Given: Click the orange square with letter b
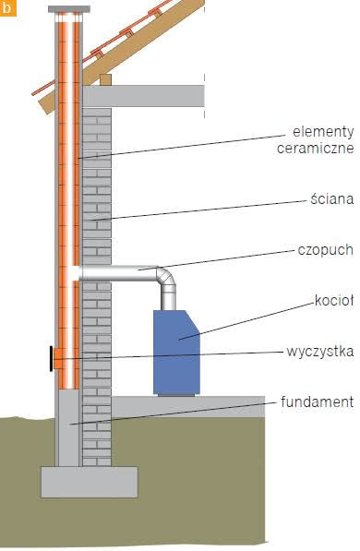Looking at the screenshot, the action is point(7,7).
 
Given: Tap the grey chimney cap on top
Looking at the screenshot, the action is point(69,9).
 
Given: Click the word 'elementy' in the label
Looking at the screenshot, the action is point(323,132).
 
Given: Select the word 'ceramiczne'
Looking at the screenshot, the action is point(316,148).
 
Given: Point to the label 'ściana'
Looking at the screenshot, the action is point(332,198).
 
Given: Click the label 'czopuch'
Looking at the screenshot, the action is point(326,250).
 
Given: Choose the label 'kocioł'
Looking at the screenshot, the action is point(334,301).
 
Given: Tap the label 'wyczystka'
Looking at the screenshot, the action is point(320,352).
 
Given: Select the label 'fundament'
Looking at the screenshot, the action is point(318,402).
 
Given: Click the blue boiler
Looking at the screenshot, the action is point(176,353).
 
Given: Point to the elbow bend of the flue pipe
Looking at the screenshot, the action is point(166,276).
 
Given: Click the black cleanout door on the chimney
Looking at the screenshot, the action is point(52,358).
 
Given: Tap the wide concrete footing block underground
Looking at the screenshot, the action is point(90,482).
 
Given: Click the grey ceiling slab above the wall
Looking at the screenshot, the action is point(143,96).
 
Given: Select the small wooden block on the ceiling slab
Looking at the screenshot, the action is point(105,79).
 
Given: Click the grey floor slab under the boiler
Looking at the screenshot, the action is point(188,407).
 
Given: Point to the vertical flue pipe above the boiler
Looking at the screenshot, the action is point(168,298).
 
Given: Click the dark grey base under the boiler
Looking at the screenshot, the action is point(176,395).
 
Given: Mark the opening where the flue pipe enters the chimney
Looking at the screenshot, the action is point(76,273).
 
